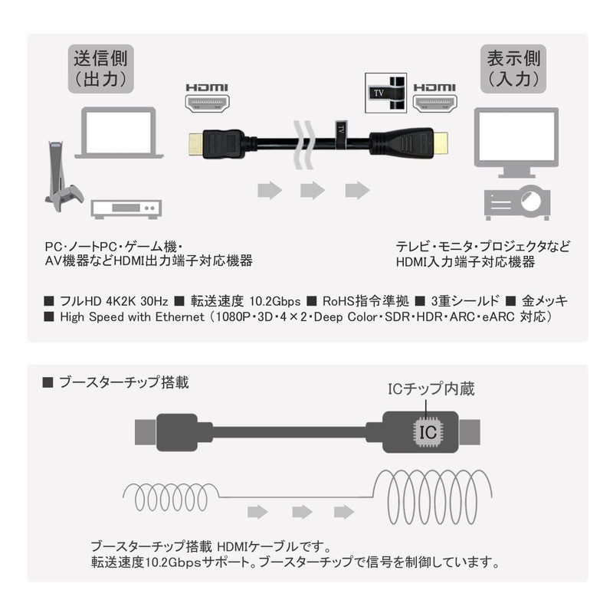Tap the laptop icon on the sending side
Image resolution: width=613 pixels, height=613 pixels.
(120, 133)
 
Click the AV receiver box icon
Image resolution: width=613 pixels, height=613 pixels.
(126, 208)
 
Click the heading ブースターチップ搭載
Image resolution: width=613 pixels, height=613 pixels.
(123, 381)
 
